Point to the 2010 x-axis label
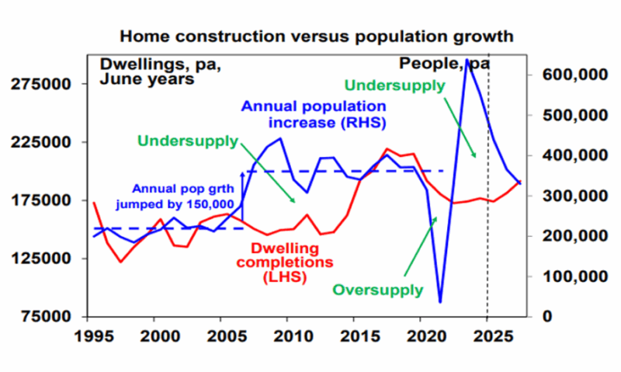click(x=286, y=338)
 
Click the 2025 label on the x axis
click(x=486, y=338)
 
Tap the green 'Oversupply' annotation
click(x=377, y=290)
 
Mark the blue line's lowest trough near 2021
click(x=440, y=302)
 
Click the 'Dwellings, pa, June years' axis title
click(x=149, y=71)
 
